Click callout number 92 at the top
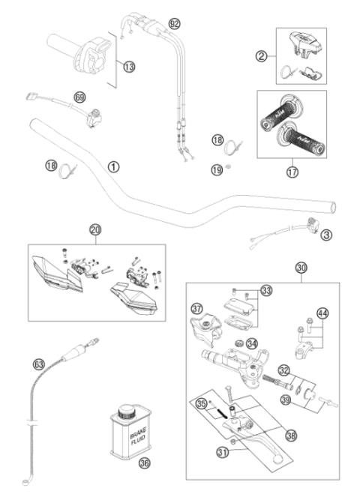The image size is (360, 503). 175,23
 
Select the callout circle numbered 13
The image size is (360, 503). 129,67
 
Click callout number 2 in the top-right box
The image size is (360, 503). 262,56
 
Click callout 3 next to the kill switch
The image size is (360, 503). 327,235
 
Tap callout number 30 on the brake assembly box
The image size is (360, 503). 301,268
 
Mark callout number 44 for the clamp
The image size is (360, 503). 322,313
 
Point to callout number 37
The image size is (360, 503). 197,308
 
